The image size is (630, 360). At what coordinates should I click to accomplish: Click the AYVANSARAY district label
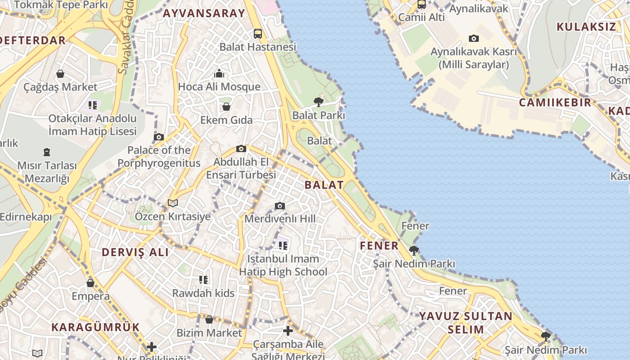pos(204,13)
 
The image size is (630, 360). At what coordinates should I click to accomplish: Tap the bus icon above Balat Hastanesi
pos(258,33)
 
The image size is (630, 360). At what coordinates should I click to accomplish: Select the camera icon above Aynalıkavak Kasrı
pos(474,39)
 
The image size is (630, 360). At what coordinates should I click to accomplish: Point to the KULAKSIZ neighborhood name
pos(586,27)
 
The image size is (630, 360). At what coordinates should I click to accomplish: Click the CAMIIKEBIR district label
pos(555,102)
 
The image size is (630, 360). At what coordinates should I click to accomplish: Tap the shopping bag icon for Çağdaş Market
pos(60,74)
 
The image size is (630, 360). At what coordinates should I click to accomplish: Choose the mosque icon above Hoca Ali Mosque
pos(219,73)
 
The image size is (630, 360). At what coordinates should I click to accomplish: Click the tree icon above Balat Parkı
pos(319,102)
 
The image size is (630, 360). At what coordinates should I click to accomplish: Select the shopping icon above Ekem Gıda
pos(226,107)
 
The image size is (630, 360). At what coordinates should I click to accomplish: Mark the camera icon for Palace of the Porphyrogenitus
pos(159,137)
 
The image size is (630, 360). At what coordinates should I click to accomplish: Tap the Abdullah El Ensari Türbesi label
pos(241,168)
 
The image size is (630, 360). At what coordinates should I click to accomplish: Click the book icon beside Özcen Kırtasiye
pos(173,203)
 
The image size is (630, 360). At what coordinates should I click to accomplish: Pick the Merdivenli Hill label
pos(280,219)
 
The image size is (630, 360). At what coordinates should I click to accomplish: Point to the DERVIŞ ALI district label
pos(135,252)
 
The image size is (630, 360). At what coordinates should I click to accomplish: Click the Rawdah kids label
pos(203,293)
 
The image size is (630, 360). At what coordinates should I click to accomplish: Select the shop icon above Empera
pos(90,283)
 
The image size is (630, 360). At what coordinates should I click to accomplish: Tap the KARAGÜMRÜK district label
pos(95,327)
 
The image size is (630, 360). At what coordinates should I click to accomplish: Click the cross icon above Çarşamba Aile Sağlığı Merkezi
pos(288,331)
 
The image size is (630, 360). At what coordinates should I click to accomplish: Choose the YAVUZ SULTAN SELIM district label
pos(466,323)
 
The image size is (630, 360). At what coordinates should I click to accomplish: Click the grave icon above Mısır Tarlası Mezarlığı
pos(47,152)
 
